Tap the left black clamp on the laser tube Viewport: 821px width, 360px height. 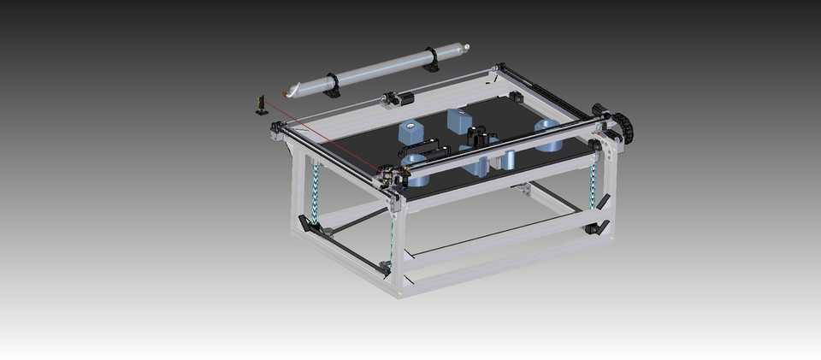tap(331, 85)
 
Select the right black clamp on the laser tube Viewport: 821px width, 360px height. tap(431, 59)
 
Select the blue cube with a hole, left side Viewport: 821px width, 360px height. tap(410, 132)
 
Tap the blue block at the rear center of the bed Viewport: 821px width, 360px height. tap(459, 121)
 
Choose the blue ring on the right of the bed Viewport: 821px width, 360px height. tap(548, 134)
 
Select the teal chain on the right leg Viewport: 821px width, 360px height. tap(593, 183)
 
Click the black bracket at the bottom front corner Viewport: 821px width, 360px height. tap(386, 268)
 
